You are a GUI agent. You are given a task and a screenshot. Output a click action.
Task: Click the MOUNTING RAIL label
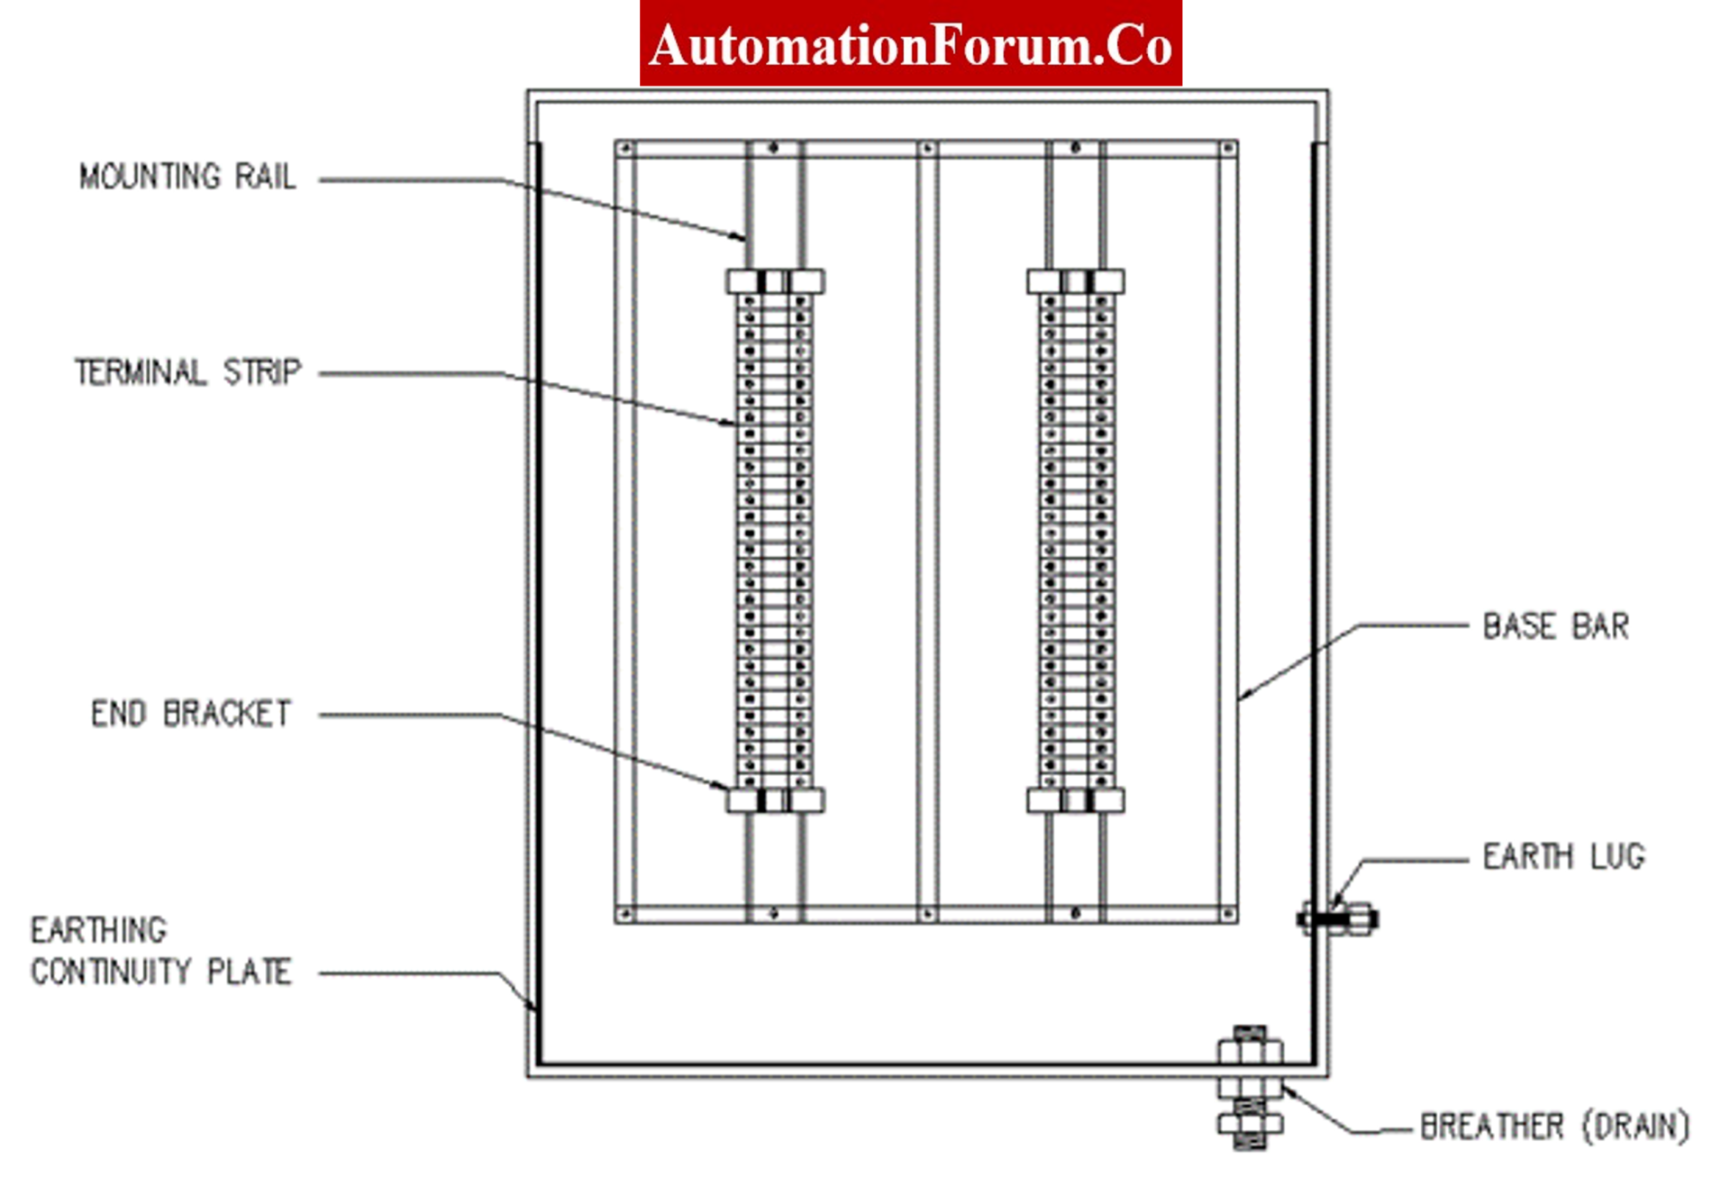187,177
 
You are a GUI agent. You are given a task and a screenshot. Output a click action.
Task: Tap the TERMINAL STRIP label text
187,372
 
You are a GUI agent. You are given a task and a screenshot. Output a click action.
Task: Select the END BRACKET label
191,714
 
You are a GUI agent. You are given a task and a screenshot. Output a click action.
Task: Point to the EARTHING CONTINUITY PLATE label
161,951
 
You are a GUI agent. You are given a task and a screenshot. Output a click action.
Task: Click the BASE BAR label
1555,626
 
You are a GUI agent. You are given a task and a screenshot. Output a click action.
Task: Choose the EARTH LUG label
1563,856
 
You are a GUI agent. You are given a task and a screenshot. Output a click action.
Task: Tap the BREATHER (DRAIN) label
1554,1127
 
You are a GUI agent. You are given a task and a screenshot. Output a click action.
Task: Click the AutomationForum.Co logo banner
910,44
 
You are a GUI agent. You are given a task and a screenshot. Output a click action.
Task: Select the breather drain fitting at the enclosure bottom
1250,1088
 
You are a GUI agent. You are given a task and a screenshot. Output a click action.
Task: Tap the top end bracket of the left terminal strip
775,282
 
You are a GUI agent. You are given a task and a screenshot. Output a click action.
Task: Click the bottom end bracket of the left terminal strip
775,800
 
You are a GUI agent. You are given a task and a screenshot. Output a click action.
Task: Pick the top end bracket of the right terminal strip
1075,282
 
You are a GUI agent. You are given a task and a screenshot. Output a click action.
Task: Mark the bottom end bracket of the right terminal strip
1075,800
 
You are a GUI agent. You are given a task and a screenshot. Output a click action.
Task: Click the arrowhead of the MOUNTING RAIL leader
742,238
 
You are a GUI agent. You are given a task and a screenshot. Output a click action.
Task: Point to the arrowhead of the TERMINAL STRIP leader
732,423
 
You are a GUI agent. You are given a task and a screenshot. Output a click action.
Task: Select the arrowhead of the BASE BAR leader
1243,696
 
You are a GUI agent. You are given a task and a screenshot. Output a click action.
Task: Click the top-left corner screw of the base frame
625,148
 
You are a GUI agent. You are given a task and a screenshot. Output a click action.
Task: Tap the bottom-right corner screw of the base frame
1228,915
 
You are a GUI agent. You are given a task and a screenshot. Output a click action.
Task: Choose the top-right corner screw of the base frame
1228,148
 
